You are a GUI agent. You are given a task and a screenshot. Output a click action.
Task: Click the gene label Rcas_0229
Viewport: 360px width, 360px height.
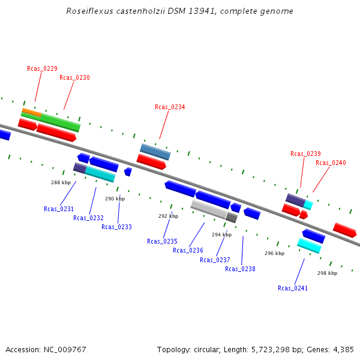[x=42, y=68]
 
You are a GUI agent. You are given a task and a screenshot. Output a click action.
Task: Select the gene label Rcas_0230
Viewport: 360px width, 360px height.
[x=74, y=77]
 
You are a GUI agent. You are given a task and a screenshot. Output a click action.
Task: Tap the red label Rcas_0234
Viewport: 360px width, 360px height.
[x=170, y=107]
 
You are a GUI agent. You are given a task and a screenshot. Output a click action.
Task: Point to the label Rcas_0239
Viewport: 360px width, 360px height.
[x=305, y=154]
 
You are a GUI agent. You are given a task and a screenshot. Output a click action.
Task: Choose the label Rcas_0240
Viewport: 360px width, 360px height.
[x=331, y=163]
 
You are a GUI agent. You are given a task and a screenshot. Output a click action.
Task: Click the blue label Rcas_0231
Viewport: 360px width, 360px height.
[x=59, y=209]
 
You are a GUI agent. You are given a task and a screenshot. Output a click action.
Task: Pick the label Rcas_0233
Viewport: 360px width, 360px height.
[x=116, y=227]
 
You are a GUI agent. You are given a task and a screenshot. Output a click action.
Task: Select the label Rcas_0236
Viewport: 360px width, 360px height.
[x=188, y=250]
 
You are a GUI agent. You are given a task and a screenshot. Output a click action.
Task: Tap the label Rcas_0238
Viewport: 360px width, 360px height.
[x=240, y=269]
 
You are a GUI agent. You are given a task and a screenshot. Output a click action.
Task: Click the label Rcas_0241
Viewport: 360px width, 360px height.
[x=293, y=288]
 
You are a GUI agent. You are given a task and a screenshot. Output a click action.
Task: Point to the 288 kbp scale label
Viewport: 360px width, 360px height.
[x=61, y=182]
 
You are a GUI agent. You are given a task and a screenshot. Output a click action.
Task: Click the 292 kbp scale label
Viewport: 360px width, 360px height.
[x=168, y=216]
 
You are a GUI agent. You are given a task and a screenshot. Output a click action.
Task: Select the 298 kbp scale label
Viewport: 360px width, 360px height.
[x=327, y=273]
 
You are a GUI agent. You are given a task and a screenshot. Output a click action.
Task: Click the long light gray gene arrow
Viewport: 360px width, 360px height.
[x=209, y=209]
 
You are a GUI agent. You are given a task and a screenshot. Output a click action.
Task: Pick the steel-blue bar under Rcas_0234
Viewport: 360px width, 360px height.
[x=155, y=152]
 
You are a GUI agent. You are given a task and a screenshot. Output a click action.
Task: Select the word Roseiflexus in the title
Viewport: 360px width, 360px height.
[x=88, y=11]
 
